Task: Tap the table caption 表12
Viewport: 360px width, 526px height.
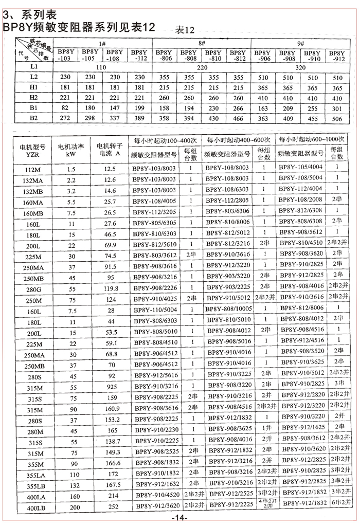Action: point(186,29)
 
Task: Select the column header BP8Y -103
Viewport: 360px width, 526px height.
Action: point(66,56)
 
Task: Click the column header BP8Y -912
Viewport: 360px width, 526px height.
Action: point(337,56)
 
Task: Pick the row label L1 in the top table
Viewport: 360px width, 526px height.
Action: point(33,67)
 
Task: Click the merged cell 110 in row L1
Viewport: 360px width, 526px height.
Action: point(101,67)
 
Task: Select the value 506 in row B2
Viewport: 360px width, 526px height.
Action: point(337,118)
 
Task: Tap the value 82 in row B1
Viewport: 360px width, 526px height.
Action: point(66,108)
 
